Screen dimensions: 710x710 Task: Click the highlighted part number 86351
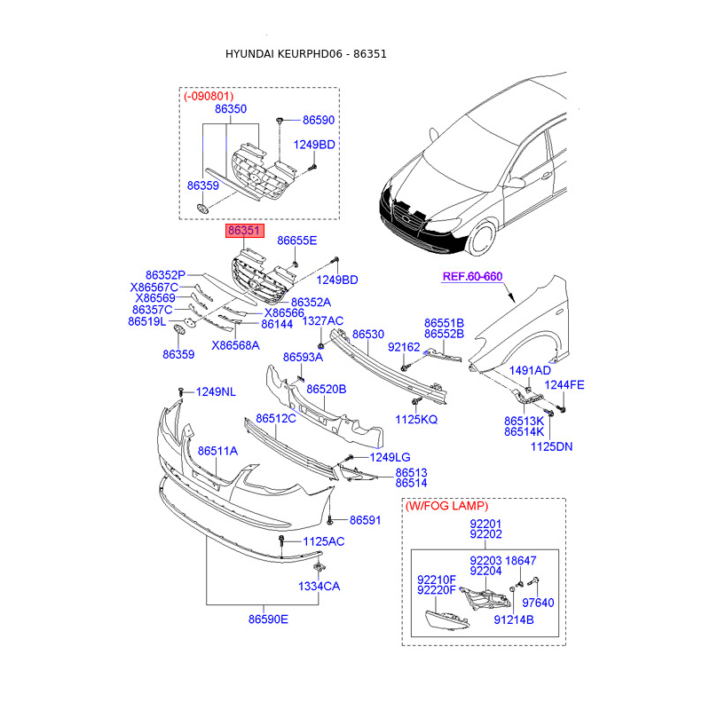coord(245,231)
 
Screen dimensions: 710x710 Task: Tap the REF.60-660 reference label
coord(472,276)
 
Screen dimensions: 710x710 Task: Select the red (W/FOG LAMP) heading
coord(446,506)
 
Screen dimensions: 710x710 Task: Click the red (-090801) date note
coord(209,96)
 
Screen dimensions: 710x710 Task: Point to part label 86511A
coord(217,451)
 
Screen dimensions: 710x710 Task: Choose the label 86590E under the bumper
coord(268,619)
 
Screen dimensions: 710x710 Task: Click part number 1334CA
coord(319,587)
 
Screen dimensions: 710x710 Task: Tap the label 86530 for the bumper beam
coord(367,335)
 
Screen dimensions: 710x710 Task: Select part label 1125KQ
coord(416,419)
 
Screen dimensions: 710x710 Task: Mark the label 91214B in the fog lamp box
coord(514,619)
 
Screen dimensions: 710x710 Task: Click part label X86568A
coord(235,345)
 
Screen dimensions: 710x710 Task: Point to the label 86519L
coord(147,321)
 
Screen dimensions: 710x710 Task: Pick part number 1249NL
coord(216,391)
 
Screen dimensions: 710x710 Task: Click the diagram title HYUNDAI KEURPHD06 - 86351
coord(306,54)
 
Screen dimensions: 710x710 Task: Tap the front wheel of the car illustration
coord(482,238)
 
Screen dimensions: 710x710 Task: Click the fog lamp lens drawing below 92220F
coord(447,619)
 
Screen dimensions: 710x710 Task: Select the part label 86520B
coord(326,390)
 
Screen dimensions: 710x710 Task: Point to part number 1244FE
coord(564,385)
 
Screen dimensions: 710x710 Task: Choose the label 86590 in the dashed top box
coord(319,120)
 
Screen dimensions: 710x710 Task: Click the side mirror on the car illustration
coord(516,183)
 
